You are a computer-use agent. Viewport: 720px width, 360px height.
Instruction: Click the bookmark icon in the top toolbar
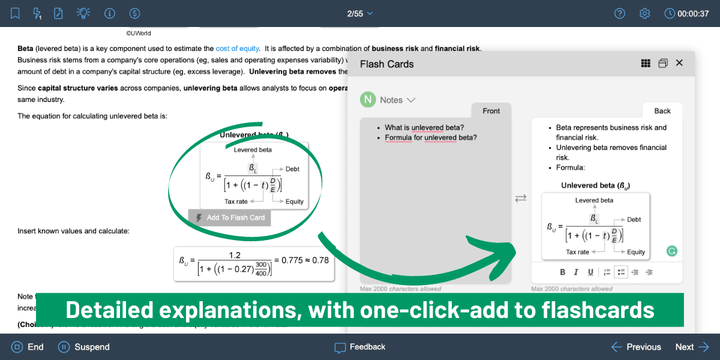(x=15, y=13)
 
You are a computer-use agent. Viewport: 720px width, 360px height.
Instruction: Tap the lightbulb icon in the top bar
(x=83, y=13)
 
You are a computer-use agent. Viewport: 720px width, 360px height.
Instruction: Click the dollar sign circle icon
(x=135, y=13)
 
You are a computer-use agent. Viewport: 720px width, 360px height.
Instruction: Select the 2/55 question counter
(x=360, y=13)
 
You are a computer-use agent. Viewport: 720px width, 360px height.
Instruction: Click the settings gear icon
(x=645, y=13)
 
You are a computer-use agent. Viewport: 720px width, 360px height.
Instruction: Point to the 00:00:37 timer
(x=687, y=13)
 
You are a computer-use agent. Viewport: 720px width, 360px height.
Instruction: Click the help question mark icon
(x=620, y=13)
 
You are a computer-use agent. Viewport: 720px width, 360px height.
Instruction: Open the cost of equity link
(x=238, y=49)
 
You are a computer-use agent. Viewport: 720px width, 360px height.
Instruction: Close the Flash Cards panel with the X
(x=679, y=63)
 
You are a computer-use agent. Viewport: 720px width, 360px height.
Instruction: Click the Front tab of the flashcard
(x=491, y=111)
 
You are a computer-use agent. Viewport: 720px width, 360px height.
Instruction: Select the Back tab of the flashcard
(x=662, y=111)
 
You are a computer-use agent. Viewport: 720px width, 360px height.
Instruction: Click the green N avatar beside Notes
(x=368, y=100)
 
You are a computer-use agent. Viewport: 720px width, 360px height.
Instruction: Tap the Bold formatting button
(x=563, y=272)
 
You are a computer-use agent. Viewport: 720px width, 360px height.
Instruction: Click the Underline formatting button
(x=590, y=272)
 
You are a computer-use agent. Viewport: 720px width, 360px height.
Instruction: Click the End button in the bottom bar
(x=28, y=347)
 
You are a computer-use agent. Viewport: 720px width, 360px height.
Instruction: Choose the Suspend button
(x=84, y=347)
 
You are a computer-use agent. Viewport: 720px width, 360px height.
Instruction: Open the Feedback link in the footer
(x=360, y=347)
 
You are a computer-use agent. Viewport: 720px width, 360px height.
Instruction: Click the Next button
(x=692, y=347)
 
